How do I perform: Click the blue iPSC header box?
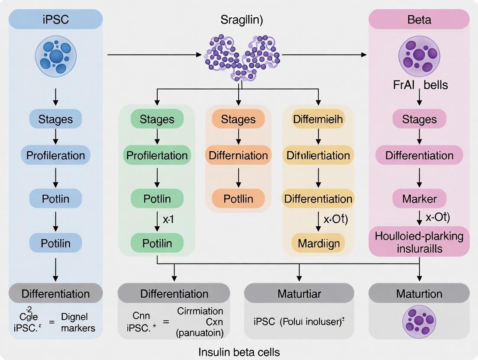coord(55,19)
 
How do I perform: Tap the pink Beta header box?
coord(419,19)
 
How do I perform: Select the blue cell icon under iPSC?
coord(55,56)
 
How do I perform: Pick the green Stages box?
coord(157,119)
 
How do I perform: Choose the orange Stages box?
coord(238,119)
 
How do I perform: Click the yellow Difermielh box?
coord(318,119)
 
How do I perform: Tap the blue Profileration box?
coord(55,155)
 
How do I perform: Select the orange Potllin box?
coord(238,199)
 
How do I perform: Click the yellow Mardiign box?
coord(318,243)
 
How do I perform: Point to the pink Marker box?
coord(419,199)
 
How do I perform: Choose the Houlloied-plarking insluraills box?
coord(419,241)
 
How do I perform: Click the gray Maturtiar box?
coord(299,294)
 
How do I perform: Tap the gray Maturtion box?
coord(419,294)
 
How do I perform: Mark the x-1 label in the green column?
coord(168,219)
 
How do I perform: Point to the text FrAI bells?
coord(419,84)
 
